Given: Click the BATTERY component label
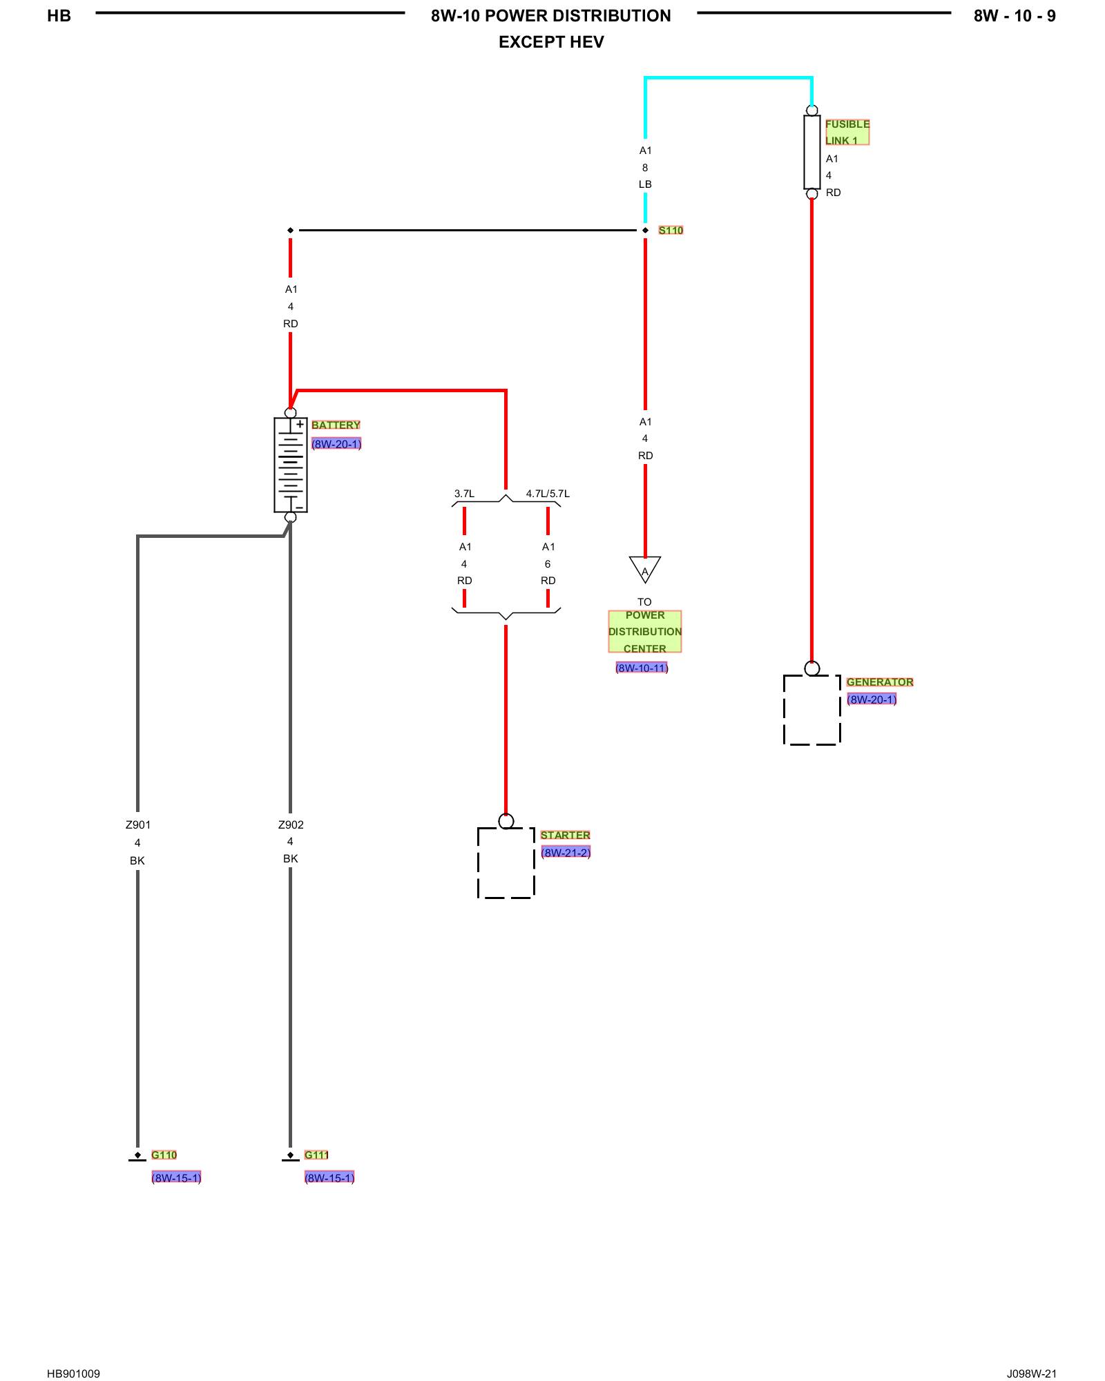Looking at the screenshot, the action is pos(336,425).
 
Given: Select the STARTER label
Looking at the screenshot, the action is pos(565,835).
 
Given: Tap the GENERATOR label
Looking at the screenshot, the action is pos(880,682).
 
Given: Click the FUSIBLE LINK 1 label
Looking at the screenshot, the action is pos(847,132).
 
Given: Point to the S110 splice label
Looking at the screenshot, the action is pos(671,230).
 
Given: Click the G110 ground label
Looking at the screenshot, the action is pos(164,1155).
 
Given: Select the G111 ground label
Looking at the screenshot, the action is pos(316,1155).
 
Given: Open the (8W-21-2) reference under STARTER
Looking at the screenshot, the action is pos(566,852).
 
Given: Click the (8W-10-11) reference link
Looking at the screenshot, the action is pos(642,668).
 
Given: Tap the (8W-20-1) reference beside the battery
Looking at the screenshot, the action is pos(336,443).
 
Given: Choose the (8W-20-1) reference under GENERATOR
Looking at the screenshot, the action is pos(872,699).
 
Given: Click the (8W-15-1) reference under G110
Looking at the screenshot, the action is pos(176,1177).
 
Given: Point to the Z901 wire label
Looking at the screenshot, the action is pos(137,824).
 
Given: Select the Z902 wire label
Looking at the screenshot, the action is pos(291,824).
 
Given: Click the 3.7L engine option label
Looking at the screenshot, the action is pos(464,493).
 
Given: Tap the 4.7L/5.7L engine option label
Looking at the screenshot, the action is pos(548,493).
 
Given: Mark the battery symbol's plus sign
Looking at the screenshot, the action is pos(300,424).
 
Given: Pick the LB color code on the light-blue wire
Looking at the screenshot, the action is pos(645,184).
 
